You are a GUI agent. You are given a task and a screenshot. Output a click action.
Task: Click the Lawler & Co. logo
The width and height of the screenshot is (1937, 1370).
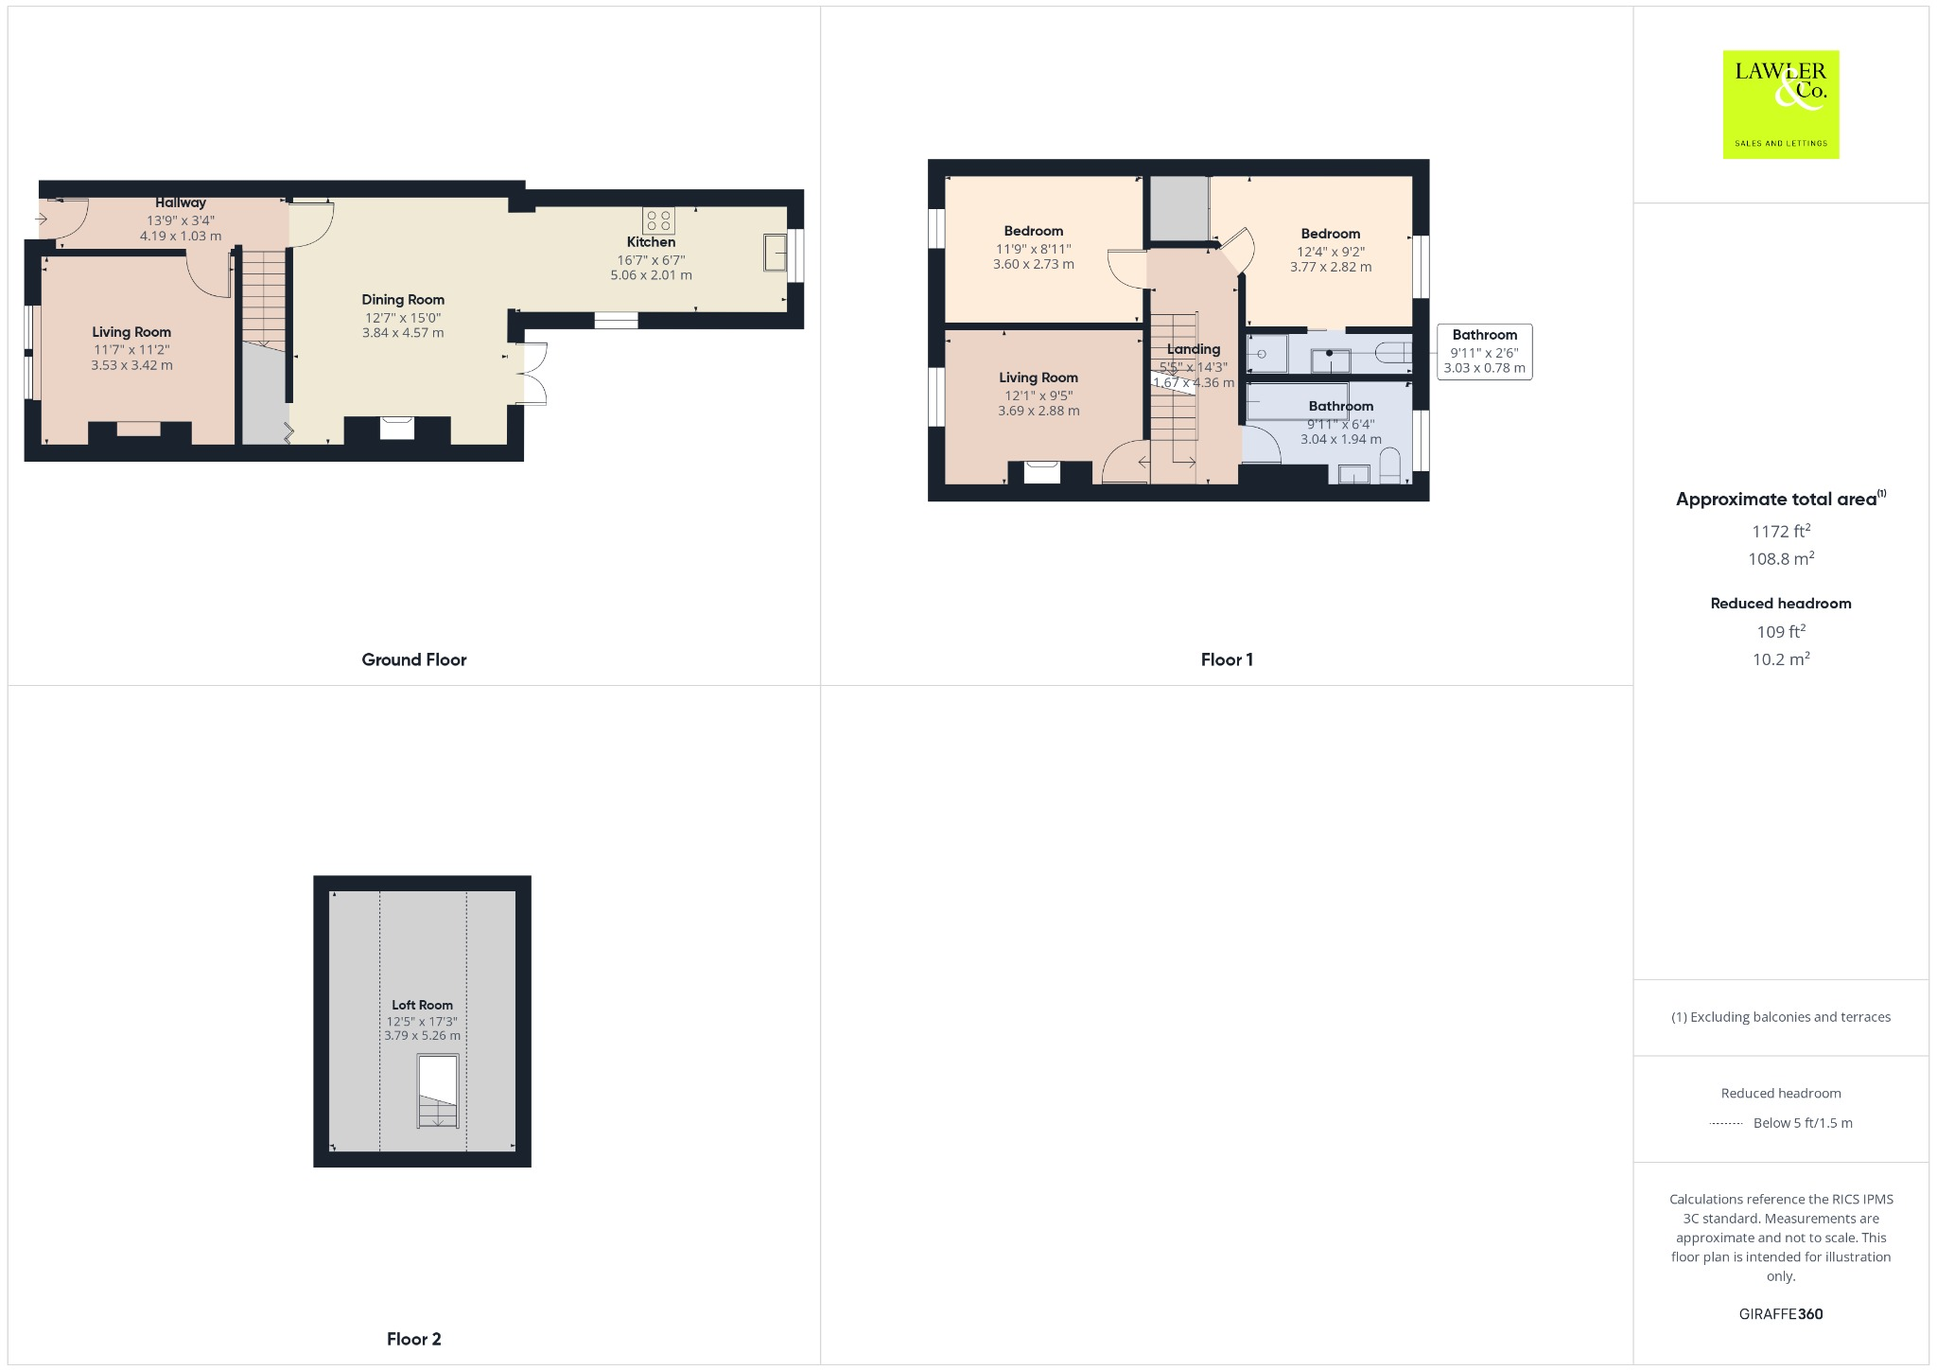(x=1780, y=104)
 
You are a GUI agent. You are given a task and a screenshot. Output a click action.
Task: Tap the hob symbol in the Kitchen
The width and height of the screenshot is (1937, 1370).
(x=658, y=220)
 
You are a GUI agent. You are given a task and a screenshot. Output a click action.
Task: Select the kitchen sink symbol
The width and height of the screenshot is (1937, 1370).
(x=776, y=253)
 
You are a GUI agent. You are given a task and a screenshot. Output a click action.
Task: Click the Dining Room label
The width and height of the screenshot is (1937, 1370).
(x=403, y=300)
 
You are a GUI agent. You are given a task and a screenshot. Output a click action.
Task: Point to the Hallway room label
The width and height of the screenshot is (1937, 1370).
(x=181, y=202)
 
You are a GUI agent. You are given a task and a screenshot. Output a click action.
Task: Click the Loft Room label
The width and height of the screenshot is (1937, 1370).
(x=422, y=1005)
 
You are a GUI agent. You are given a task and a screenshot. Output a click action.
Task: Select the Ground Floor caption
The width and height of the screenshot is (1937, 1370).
(x=414, y=659)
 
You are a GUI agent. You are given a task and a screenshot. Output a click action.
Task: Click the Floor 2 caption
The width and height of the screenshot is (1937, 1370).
(x=413, y=1339)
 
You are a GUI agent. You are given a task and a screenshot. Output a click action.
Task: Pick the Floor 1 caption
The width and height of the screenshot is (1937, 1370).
(x=1227, y=659)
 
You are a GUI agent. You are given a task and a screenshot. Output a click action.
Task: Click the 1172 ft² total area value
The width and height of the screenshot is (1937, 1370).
(x=1780, y=532)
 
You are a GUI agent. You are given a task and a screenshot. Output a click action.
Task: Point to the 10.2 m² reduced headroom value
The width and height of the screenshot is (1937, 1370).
(x=1780, y=659)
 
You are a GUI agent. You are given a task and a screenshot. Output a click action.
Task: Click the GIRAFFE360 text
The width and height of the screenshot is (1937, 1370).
(x=1780, y=1313)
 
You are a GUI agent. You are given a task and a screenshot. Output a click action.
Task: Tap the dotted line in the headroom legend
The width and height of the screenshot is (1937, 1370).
(x=1726, y=1124)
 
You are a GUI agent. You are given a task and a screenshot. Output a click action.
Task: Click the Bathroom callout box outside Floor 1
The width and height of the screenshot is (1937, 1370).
(x=1484, y=352)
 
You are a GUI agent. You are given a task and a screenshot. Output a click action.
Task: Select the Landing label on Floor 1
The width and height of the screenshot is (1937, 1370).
(x=1194, y=349)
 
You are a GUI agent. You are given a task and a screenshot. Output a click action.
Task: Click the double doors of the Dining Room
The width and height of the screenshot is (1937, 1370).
(x=533, y=374)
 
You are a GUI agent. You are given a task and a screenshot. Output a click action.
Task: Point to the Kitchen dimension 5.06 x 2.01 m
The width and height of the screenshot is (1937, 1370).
(x=651, y=275)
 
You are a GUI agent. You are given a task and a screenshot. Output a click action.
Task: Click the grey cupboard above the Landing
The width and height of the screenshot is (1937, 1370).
(x=1179, y=208)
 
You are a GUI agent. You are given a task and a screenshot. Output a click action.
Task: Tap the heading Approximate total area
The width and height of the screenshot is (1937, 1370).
(x=1776, y=500)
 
